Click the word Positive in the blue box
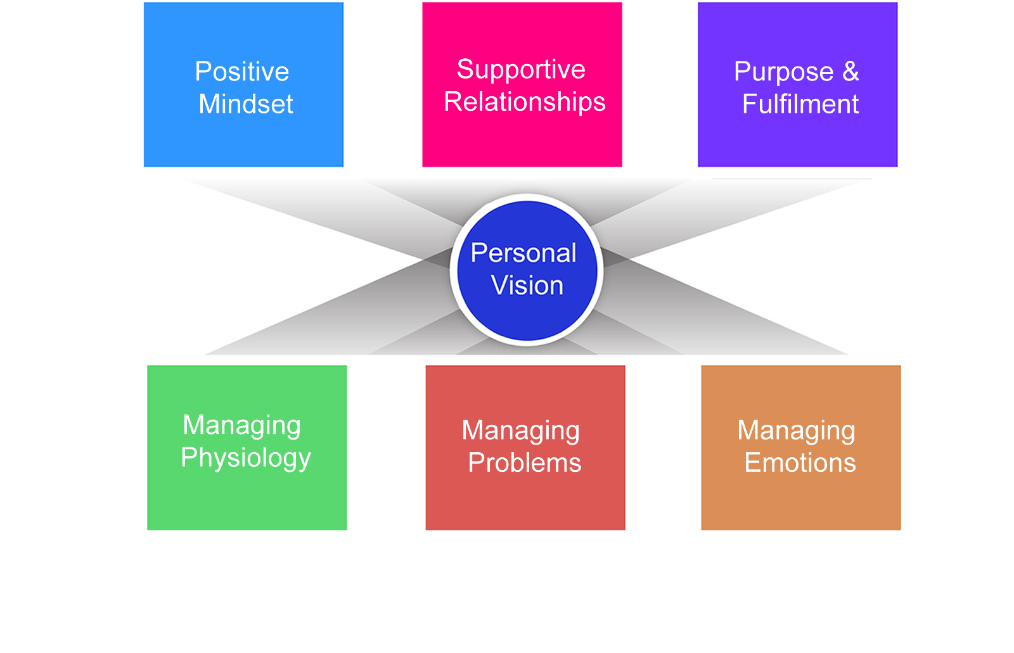click(241, 72)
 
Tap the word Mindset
click(246, 104)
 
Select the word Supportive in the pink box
click(521, 70)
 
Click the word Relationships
click(525, 102)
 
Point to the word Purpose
click(783, 72)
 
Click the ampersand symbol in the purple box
click(850, 72)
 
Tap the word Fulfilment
click(800, 104)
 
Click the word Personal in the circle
click(523, 253)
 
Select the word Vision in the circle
click(527, 286)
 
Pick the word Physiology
click(246, 458)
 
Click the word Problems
click(525, 463)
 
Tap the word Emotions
click(800, 463)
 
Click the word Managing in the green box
click(241, 425)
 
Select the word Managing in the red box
click(520, 431)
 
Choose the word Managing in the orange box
click(796, 431)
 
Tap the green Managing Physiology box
click(247, 500)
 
